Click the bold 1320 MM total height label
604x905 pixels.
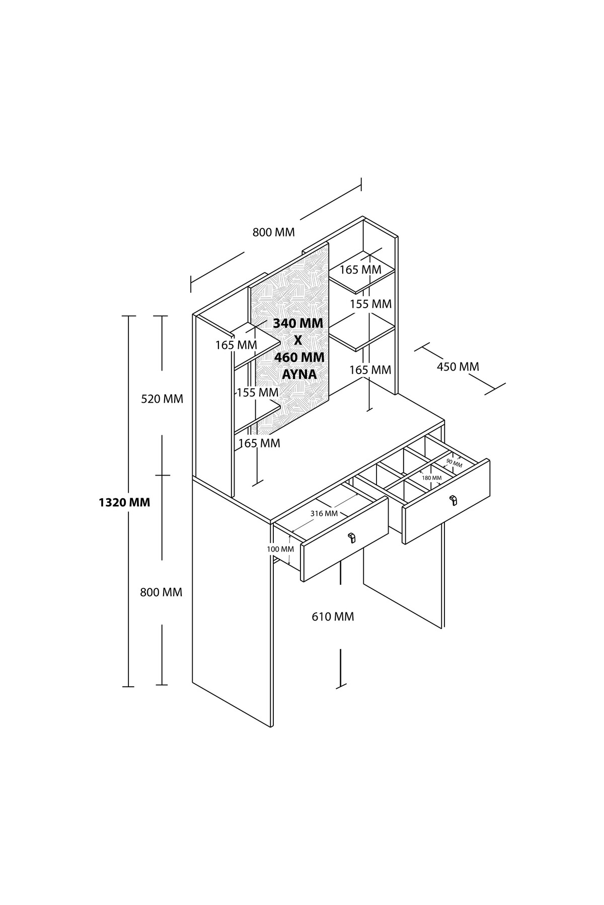124,502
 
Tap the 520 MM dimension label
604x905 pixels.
162,399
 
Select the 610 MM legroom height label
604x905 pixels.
333,616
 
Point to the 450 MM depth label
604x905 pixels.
458,367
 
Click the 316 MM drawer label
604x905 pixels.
324,513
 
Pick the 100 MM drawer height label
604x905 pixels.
280,549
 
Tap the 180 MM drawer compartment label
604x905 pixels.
432,478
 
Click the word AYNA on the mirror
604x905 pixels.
298,375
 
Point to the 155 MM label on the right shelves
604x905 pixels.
370,304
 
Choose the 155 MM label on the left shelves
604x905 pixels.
258,392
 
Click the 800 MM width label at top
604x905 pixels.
273,232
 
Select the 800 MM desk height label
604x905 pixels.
161,592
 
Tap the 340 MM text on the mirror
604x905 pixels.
298,323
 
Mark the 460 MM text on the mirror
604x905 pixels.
299,357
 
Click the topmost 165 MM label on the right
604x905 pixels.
360,269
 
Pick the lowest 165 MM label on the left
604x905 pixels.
259,443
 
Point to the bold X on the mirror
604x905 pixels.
298,340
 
